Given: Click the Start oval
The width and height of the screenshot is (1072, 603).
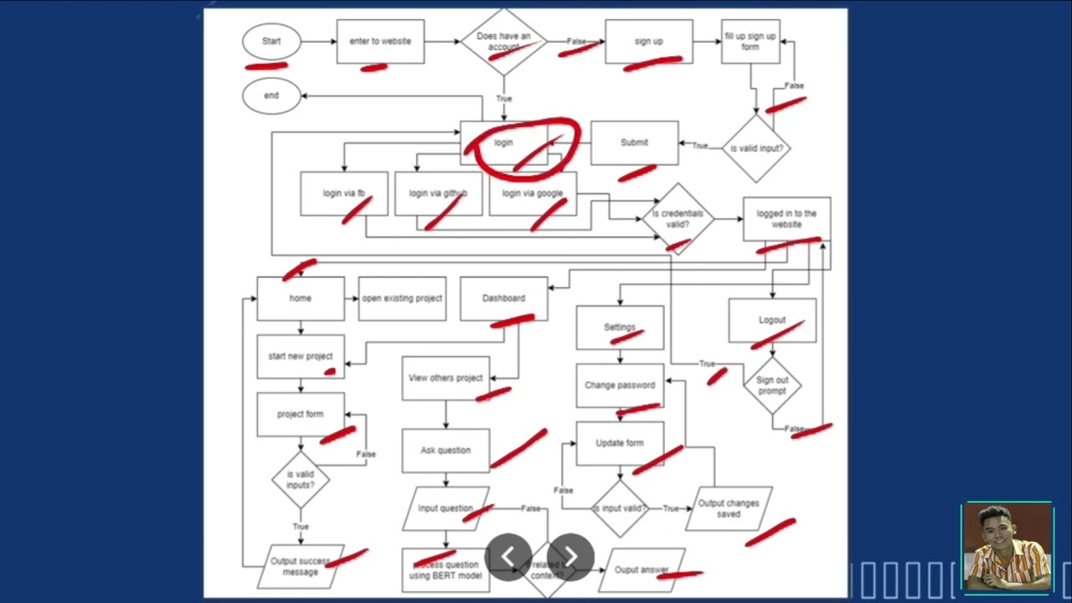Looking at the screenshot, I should pyautogui.click(x=271, y=41).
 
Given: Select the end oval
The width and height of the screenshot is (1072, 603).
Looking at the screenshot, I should pyautogui.click(x=271, y=95).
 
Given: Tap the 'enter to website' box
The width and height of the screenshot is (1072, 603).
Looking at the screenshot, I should pyautogui.click(x=380, y=42).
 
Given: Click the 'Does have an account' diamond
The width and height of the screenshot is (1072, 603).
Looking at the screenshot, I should pyautogui.click(x=503, y=42).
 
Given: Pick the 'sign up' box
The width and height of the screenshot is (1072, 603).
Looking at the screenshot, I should pyautogui.click(x=648, y=42).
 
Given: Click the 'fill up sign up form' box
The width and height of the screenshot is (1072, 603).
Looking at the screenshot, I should pyautogui.click(x=750, y=42).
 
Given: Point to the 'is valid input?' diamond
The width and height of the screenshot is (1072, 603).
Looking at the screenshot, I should pyautogui.click(x=756, y=148).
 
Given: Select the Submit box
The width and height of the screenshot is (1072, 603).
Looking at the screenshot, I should pyautogui.click(x=634, y=142).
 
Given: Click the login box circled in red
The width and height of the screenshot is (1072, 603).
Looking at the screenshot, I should pyautogui.click(x=503, y=142).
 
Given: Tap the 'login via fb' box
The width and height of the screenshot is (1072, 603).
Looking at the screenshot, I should pyautogui.click(x=343, y=193).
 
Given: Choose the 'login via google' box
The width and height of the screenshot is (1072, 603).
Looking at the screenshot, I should pyautogui.click(x=533, y=193).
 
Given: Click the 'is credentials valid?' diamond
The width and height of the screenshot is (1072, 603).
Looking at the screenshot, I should pyautogui.click(x=678, y=219).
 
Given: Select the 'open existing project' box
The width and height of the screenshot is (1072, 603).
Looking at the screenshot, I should pyautogui.click(x=402, y=298).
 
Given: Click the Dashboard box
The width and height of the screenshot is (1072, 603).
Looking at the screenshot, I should pyautogui.click(x=503, y=298).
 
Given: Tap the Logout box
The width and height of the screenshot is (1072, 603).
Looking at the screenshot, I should pyautogui.click(x=772, y=320).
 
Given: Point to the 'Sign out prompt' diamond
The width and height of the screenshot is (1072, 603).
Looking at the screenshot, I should pyautogui.click(x=772, y=385).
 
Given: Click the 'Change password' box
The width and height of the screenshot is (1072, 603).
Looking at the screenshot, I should pyautogui.click(x=620, y=385).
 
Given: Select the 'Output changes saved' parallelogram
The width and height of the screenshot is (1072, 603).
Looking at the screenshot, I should pyautogui.click(x=729, y=508).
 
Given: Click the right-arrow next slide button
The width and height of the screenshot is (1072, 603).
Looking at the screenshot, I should pyautogui.click(x=570, y=557).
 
